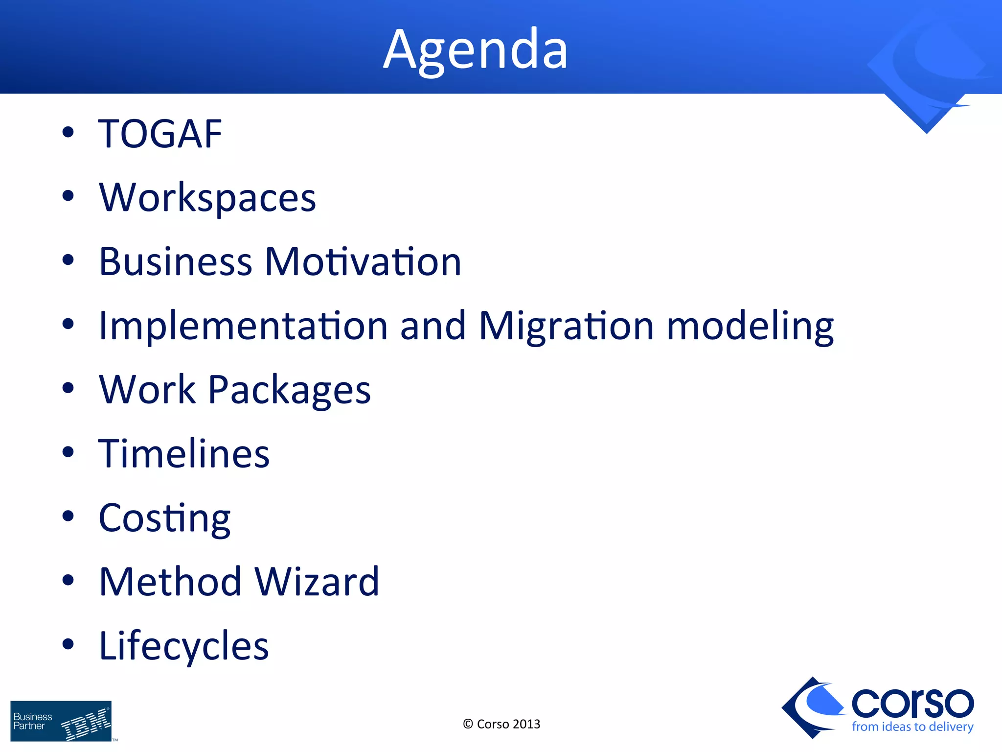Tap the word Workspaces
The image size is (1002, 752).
[207, 198]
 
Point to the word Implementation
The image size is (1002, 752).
[243, 326]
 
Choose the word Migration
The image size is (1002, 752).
[566, 326]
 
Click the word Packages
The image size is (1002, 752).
[289, 390]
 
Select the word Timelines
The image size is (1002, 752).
[184, 453]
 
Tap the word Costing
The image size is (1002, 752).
[164, 518]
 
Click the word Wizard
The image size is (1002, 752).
[317, 582]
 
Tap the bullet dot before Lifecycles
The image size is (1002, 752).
[68, 644]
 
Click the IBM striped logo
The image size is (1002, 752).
[86, 724]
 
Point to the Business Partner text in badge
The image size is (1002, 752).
[32, 721]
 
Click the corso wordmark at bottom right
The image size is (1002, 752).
[912, 703]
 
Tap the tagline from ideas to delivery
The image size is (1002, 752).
[912, 727]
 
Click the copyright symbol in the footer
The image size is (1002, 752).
[468, 724]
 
